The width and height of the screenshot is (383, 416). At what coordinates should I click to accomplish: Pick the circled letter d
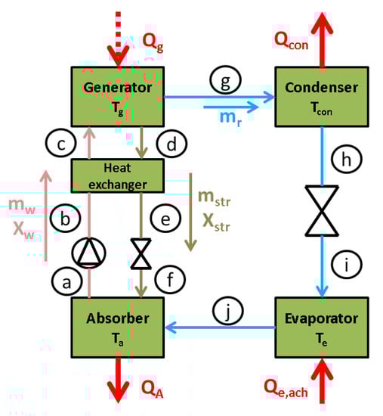(170, 141)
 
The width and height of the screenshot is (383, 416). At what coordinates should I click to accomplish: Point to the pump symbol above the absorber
(90, 251)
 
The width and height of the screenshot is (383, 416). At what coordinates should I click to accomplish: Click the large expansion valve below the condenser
(323, 207)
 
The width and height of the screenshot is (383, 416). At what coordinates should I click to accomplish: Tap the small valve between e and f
(141, 253)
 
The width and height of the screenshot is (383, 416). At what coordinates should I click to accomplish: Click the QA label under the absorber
(152, 388)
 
